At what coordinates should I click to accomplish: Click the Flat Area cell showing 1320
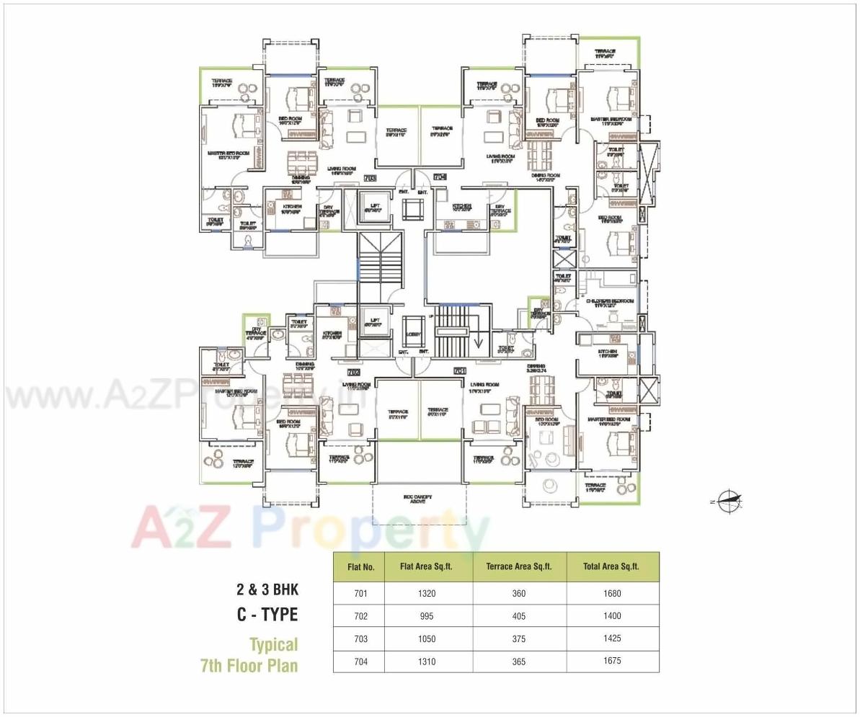427,594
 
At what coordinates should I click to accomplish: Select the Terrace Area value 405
519,616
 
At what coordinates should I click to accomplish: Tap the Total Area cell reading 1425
612,638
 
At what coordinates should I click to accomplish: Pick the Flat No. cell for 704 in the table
360,661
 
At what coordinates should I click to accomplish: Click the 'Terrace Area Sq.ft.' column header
519,566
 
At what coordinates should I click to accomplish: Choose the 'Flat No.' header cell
360,566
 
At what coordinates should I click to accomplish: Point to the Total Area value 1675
612,661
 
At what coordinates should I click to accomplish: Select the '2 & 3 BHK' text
267,589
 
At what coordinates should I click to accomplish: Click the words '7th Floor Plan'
249,664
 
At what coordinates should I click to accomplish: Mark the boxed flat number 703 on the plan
371,177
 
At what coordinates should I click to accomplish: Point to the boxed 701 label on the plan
458,371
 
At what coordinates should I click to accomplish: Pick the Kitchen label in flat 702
332,334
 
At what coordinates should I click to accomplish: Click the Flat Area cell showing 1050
427,638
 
